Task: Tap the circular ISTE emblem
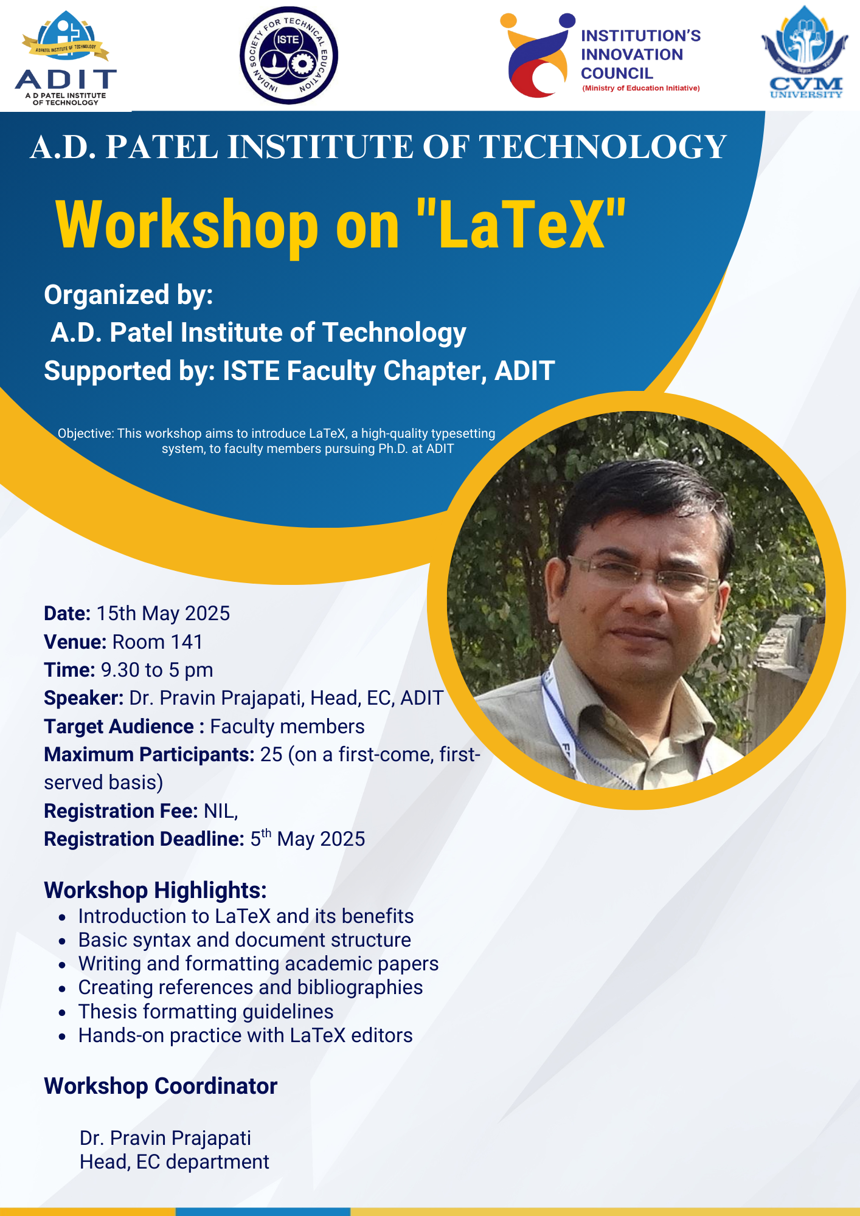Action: (288, 55)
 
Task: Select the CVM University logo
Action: (805, 54)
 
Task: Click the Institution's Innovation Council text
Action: (640, 55)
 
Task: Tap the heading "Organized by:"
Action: (128, 295)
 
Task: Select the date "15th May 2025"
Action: (163, 613)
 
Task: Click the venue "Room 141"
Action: (158, 642)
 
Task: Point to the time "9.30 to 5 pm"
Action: (157, 670)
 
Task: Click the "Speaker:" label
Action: (84, 698)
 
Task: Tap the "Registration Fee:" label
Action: (120, 811)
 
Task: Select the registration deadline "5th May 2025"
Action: (308, 839)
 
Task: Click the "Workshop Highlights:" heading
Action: (155, 890)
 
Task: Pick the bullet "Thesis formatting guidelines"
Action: (206, 1012)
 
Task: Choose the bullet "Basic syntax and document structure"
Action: (244, 940)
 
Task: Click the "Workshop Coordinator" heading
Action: (161, 1086)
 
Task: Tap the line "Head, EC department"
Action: (174, 1162)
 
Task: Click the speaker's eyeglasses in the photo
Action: (645, 575)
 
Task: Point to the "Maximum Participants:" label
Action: (149, 755)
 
